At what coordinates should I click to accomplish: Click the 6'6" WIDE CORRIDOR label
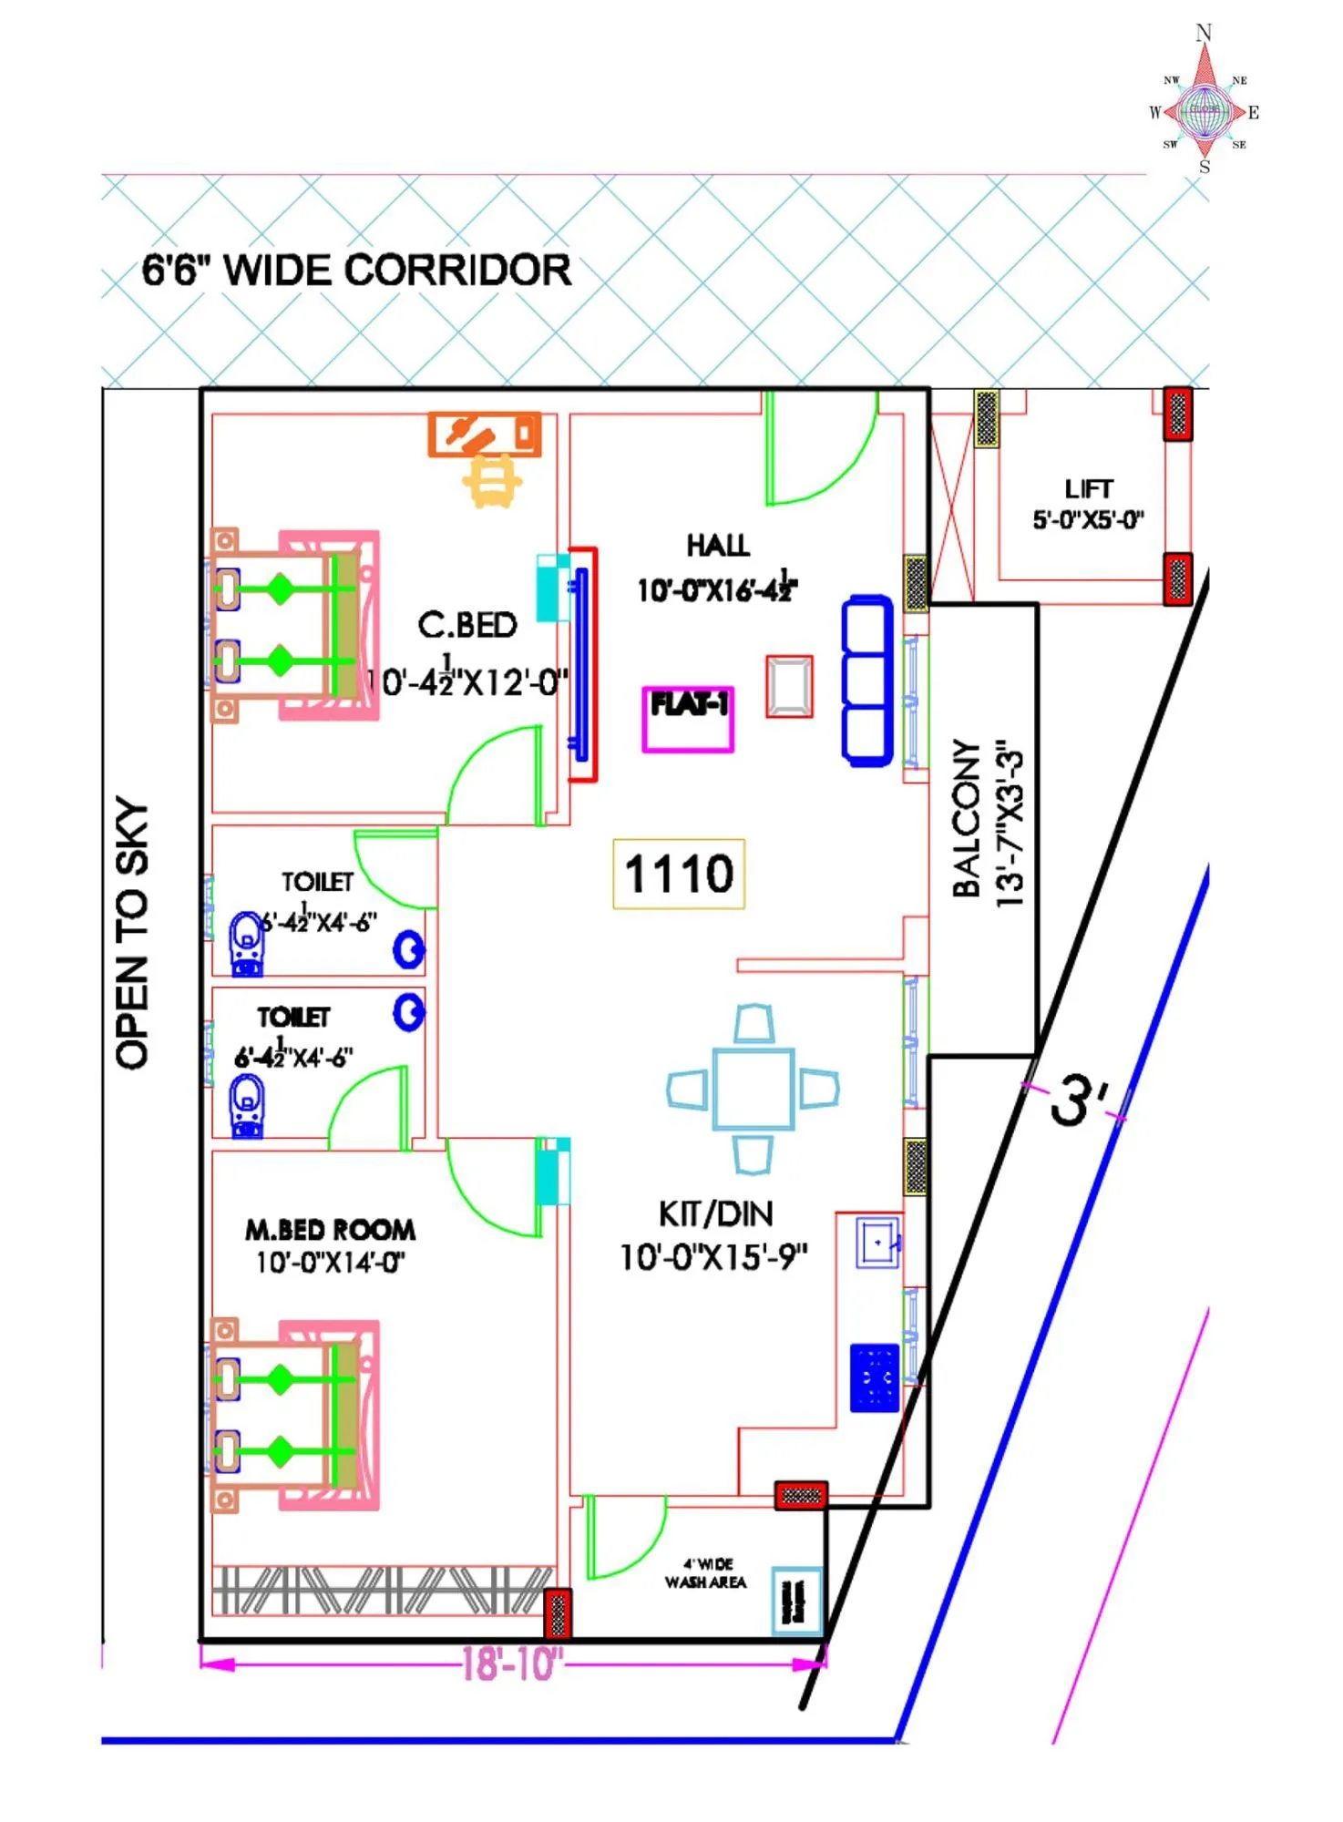click(x=356, y=271)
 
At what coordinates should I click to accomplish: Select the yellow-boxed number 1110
click(x=679, y=874)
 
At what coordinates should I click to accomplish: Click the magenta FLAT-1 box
click(x=688, y=719)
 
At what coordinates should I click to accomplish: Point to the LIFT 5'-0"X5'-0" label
click(x=1088, y=504)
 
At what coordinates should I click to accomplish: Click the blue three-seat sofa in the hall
click(x=867, y=681)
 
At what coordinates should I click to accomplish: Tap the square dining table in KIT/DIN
click(x=754, y=1089)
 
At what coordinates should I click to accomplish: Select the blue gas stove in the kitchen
click(x=875, y=1377)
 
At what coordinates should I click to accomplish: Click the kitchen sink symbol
click(x=878, y=1242)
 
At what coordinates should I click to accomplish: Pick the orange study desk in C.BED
click(x=485, y=435)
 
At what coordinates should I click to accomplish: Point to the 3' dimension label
click(x=1080, y=1098)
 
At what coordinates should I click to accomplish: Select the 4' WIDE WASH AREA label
click(x=706, y=1573)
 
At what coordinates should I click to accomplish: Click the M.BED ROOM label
click(x=330, y=1230)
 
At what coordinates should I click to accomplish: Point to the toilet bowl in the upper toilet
click(x=246, y=943)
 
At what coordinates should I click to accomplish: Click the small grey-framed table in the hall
click(x=789, y=686)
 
